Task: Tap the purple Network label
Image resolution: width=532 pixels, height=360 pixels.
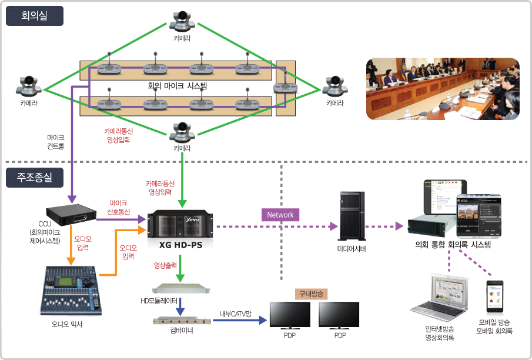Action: (280, 215)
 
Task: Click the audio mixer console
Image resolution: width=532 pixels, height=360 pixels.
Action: (71, 289)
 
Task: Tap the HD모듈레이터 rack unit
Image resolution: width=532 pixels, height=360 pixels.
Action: (180, 289)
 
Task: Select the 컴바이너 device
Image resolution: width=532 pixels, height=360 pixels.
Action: (180, 321)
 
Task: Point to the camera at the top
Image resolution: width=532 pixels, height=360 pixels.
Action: (182, 22)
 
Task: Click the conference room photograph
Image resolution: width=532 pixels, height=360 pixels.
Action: (443, 88)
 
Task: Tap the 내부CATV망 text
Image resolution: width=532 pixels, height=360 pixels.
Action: (236, 314)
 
